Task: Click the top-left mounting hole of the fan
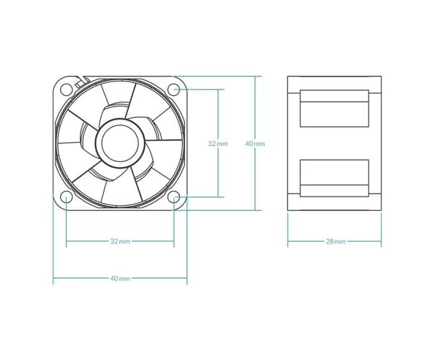66,89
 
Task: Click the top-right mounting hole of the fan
174,89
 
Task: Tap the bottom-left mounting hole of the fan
66,197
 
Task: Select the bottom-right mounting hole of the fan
174,197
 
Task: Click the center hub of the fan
120,143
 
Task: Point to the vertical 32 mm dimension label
218,143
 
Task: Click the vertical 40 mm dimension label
255,143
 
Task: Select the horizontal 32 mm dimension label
120,242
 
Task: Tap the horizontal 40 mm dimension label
120,279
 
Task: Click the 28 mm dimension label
336,242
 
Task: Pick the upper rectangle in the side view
335,108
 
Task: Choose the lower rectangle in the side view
335,179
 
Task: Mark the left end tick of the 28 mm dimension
287,242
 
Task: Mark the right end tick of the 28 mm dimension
382,242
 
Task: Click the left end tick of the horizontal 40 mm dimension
53,279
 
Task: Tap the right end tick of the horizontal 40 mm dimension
187,279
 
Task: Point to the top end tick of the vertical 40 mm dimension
255,76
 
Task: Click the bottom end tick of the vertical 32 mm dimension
218,197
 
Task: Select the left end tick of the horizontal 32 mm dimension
66,242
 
